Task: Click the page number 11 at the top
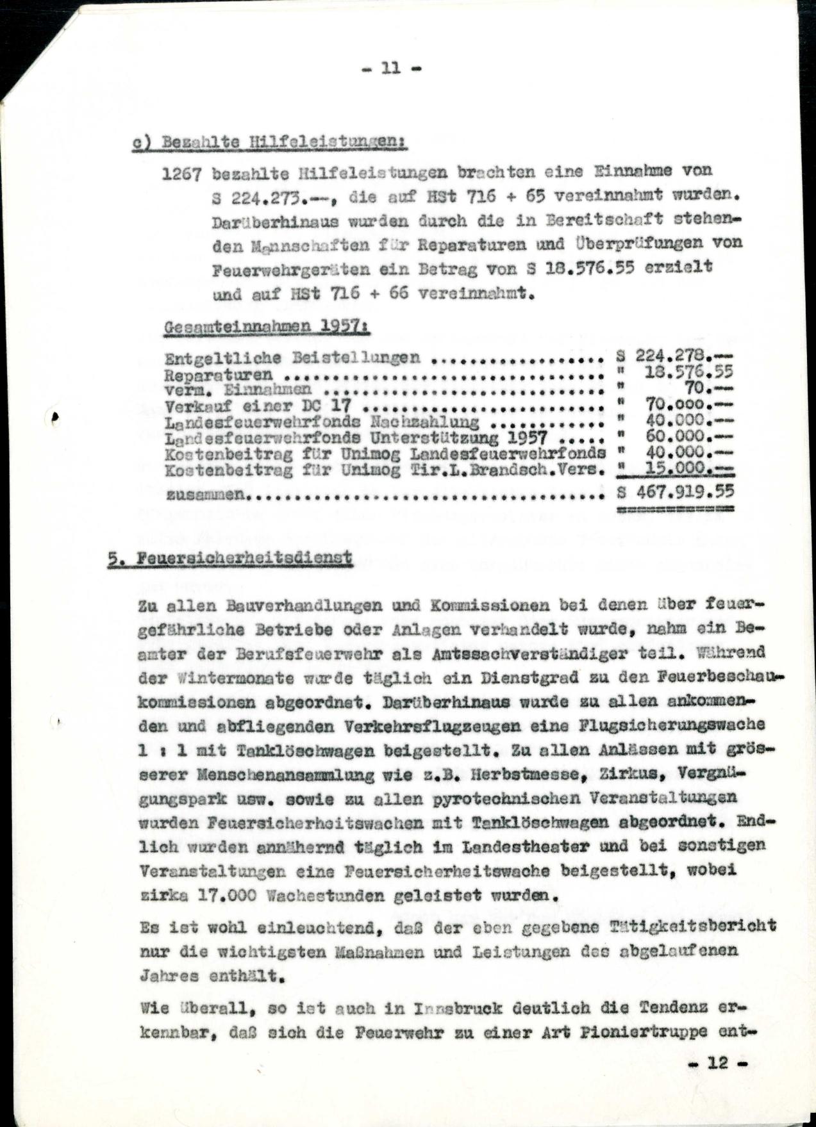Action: [x=391, y=68]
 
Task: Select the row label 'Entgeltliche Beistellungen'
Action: [x=292, y=358]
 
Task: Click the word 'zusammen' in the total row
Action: [x=204, y=495]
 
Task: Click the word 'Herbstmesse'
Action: [x=508, y=774]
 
